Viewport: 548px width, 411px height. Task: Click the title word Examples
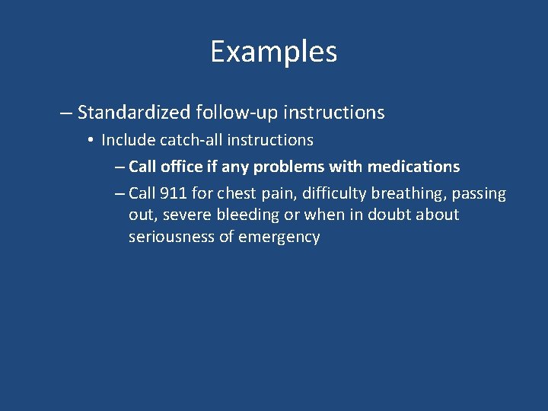coord(274,53)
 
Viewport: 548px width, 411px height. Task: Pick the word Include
coord(125,140)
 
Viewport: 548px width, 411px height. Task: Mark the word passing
coord(479,194)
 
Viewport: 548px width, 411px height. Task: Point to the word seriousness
coord(172,236)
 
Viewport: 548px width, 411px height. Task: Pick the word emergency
coord(279,237)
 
